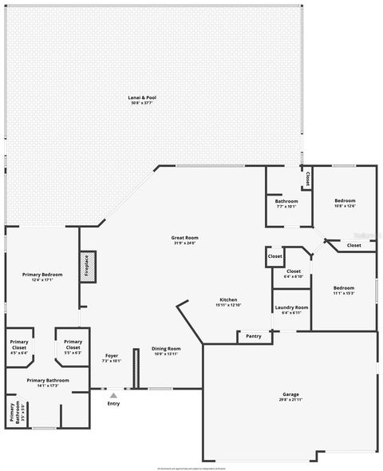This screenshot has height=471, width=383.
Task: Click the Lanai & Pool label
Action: click(142, 97)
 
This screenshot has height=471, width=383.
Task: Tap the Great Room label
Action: click(184, 238)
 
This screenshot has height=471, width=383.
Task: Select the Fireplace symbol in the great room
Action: click(86, 266)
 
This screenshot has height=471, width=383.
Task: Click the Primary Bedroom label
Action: click(41, 275)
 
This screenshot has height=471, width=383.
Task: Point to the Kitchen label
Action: click(228, 299)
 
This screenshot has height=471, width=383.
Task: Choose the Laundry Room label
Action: click(291, 307)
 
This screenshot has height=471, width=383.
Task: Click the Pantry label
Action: click(254, 336)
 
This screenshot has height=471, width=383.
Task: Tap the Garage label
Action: click(290, 394)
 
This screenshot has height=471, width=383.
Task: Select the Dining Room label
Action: click(167, 348)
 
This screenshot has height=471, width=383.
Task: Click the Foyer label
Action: click(112, 355)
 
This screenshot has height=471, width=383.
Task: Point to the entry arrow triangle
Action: click(113, 394)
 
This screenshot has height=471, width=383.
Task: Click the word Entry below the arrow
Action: click(113, 404)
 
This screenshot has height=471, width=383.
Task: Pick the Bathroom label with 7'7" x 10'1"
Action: click(286, 200)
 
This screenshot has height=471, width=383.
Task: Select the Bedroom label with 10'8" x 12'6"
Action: click(345, 200)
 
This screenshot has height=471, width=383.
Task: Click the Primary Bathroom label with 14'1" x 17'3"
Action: click(48, 380)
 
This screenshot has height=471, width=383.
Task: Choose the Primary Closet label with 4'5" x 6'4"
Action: click(19, 345)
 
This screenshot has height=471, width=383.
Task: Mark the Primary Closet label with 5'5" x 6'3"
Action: click(73, 345)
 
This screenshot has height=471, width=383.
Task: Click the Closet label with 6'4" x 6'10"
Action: click(293, 271)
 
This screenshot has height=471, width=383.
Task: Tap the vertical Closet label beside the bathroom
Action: click(308, 180)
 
